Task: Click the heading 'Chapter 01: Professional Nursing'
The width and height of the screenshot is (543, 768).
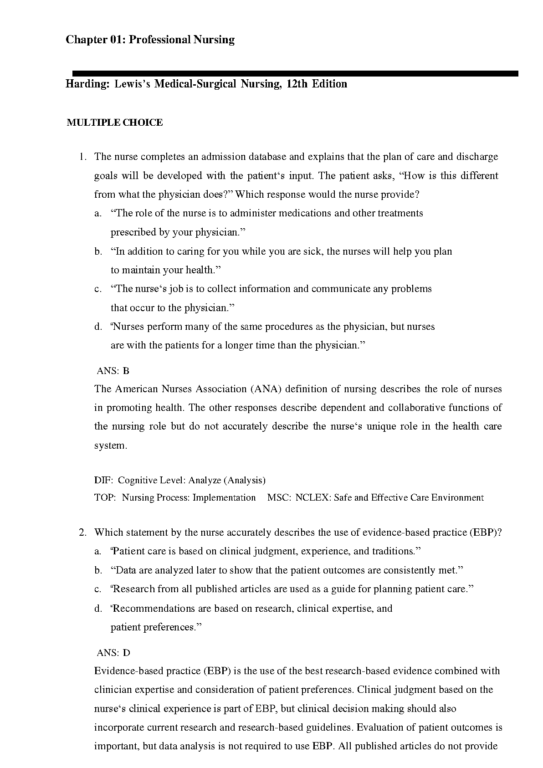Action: pyautogui.click(x=150, y=40)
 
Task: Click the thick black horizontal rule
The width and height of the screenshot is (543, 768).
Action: pyautogui.click(x=295, y=73)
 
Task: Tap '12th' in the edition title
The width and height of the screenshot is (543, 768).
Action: pyautogui.click(x=297, y=84)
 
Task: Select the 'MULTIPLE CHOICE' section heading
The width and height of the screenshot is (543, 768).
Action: pyautogui.click(x=115, y=123)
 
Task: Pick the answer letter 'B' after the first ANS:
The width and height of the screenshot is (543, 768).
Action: pyautogui.click(x=126, y=371)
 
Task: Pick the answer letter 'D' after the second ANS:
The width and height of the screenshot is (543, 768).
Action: pyautogui.click(x=127, y=653)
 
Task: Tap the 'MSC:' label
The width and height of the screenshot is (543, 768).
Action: pyautogui.click(x=279, y=497)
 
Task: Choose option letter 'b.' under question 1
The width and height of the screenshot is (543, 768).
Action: pyautogui.click(x=98, y=251)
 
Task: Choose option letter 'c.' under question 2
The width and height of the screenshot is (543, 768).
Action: pyautogui.click(x=98, y=589)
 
